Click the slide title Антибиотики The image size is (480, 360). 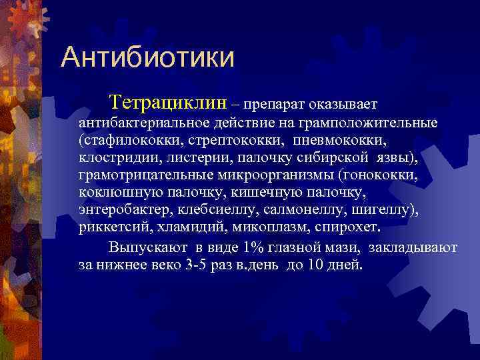tap(147, 57)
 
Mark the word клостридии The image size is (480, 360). tap(113, 159)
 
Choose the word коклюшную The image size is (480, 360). tap(112, 193)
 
